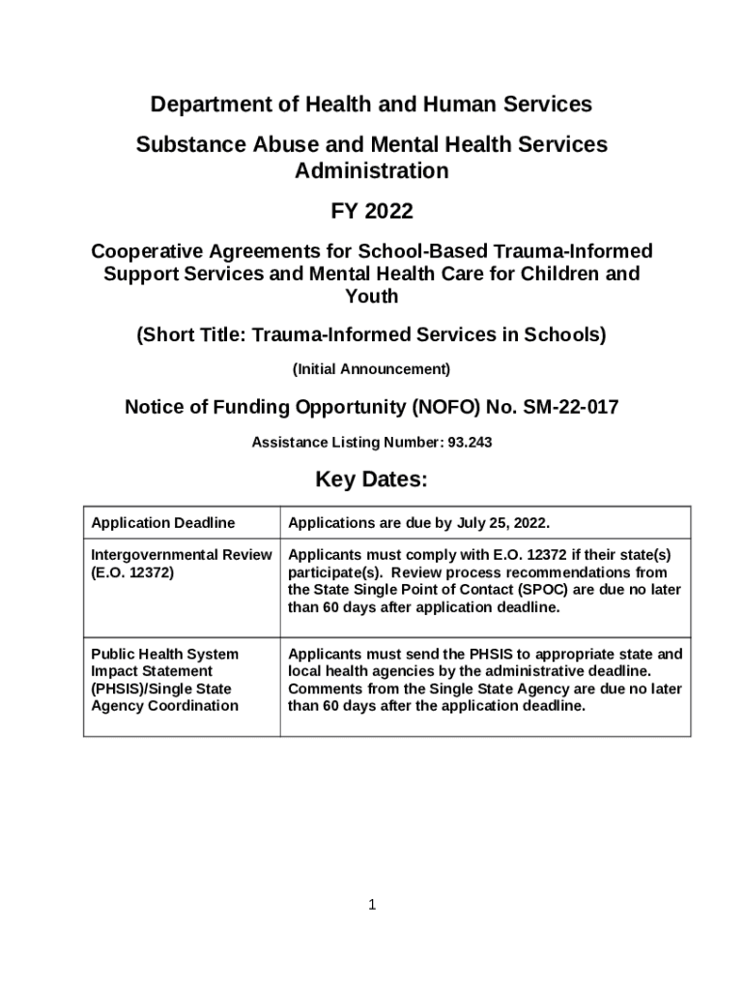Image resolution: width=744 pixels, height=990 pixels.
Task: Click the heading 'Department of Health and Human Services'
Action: tap(371, 103)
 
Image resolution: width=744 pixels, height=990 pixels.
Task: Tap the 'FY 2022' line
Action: tap(371, 211)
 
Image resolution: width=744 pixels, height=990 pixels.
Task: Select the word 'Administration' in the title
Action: tap(371, 171)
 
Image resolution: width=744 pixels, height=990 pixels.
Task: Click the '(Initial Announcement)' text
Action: tap(371, 369)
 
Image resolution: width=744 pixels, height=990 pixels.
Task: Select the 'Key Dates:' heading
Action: tap(371, 480)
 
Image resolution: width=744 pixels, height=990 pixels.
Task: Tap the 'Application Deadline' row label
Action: tap(162, 523)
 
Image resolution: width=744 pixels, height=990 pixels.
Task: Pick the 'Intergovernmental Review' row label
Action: tap(181, 555)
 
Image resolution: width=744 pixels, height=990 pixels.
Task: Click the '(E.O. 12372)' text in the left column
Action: tap(132, 572)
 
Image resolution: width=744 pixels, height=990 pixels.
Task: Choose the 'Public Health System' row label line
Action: tap(164, 655)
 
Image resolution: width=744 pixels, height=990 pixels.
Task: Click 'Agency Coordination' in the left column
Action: tap(164, 706)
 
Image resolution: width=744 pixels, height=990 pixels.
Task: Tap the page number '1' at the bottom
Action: tap(372, 905)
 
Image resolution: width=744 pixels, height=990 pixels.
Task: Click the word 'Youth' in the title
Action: tap(371, 297)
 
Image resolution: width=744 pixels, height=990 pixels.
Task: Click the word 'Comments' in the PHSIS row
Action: tap(324, 689)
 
